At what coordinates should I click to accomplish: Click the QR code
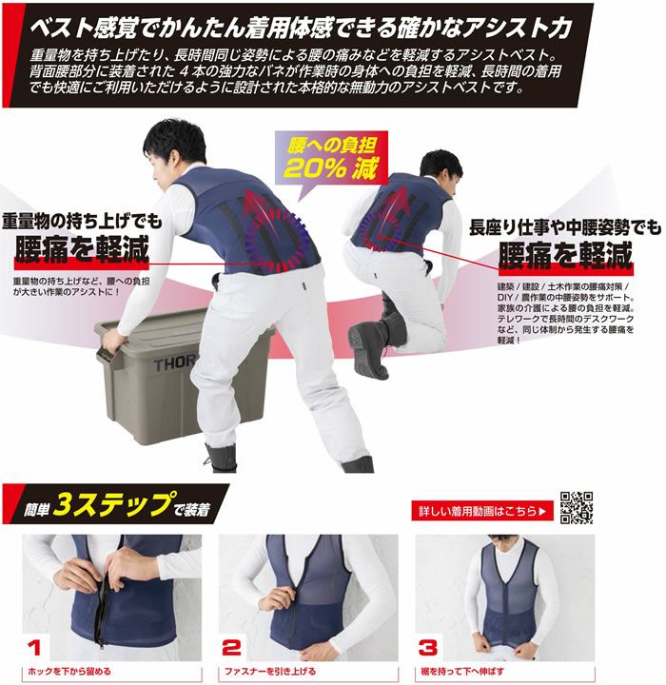tap(577, 508)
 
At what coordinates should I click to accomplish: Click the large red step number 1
tap(35, 648)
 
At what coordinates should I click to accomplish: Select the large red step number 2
tap(231, 648)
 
